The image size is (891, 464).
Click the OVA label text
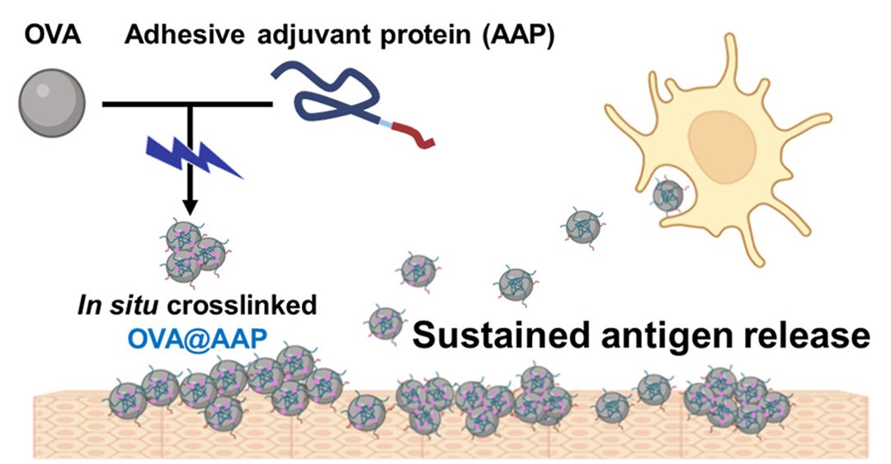tap(52, 35)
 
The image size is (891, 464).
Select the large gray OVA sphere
tap(52, 103)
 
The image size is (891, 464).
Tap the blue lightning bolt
tap(193, 157)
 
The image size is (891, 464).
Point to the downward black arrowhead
tap(191, 205)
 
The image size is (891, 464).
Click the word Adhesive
tap(185, 35)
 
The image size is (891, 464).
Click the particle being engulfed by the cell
tap(668, 196)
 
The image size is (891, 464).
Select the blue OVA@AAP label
tap(197, 339)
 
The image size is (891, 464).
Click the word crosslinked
tap(242, 305)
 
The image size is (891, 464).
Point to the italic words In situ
tap(120, 305)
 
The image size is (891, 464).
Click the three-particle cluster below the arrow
tap(193, 253)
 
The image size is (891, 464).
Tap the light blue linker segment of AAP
tap(384, 121)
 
